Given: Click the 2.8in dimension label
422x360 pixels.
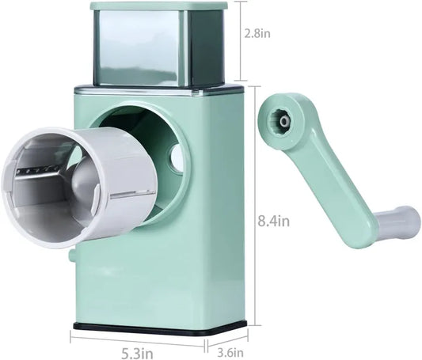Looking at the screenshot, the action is (x=257, y=34).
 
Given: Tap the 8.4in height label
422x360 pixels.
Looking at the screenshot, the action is (x=274, y=222).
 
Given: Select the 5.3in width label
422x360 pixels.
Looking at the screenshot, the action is (x=137, y=353).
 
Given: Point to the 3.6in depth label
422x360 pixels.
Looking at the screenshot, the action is (x=230, y=352).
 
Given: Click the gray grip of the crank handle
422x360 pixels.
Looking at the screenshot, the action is (x=397, y=221).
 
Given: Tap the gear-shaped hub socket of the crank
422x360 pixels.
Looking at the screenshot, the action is (x=283, y=122).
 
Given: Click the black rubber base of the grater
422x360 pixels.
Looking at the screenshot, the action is (x=160, y=328).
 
